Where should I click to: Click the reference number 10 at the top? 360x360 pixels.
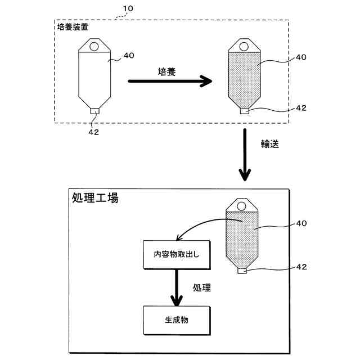pos(128,8)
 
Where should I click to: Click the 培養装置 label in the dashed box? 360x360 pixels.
pos(73,27)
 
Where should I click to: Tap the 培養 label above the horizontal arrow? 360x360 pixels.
pos(166,72)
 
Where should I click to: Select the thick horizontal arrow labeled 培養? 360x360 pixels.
pos(170,81)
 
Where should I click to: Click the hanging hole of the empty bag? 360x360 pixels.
pos(94,47)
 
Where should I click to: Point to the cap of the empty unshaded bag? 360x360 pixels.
pos(94,111)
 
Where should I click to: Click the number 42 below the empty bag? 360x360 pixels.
pos(94,132)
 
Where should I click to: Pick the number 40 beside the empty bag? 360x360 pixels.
pos(129,55)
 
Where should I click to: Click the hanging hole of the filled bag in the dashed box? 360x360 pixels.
pos(244,47)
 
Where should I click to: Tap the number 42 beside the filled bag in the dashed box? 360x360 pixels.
pos(301,107)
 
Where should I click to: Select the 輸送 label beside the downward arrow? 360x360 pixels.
pos(270,144)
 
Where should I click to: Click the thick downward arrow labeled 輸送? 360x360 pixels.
pos(245,155)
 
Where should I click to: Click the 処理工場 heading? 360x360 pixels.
pos(95,197)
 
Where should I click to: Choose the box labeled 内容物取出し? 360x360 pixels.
pos(177,255)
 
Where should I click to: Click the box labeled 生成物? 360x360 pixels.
pos(177,320)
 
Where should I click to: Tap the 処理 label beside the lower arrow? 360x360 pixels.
pos(201,287)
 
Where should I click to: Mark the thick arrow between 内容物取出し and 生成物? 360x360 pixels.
pos(177,287)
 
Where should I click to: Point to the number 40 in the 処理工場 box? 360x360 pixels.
pos(301,223)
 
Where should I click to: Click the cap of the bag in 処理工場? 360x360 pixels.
pos(242,271)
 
